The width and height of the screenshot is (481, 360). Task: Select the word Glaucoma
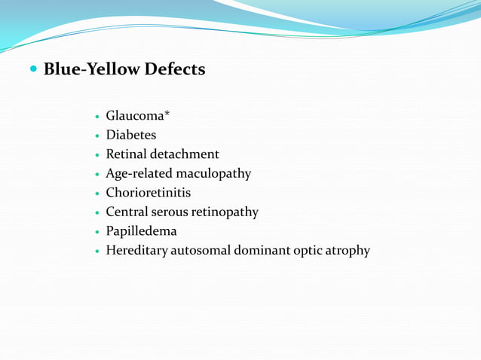coord(131,116)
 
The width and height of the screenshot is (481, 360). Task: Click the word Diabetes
coord(131,136)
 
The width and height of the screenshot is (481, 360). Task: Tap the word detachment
coord(183,154)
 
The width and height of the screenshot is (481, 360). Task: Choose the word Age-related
coord(139,174)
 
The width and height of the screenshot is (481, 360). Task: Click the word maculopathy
coord(213,174)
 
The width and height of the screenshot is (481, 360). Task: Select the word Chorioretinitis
coord(149,193)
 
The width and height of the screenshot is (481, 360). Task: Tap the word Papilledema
coord(141,231)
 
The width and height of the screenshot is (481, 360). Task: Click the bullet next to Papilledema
coord(97,232)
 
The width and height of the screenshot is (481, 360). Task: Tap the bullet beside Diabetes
coord(97,136)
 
